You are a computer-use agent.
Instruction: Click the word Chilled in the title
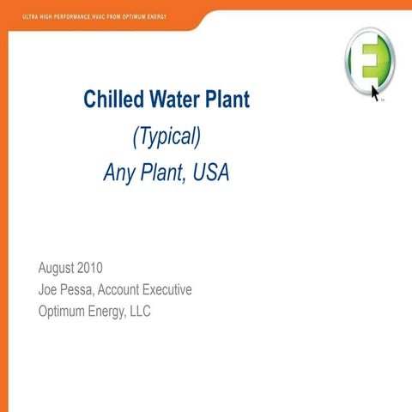tap(110, 100)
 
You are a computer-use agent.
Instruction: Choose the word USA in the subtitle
tap(211, 173)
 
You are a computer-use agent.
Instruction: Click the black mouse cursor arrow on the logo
tap(376, 91)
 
